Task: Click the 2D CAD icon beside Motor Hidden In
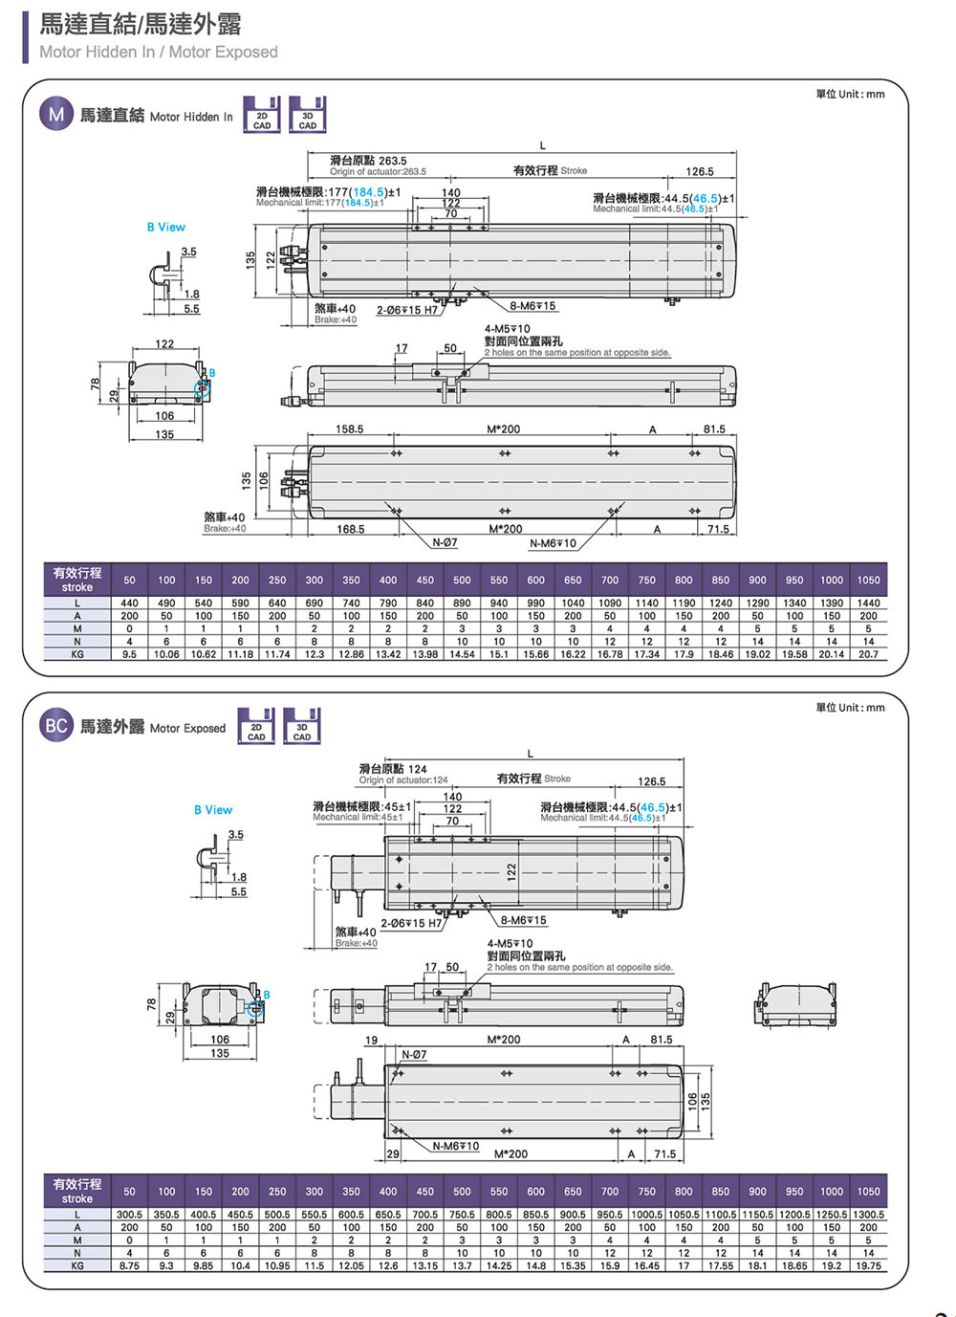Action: click(261, 114)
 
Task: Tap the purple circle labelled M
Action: click(56, 115)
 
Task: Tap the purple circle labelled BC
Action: click(56, 726)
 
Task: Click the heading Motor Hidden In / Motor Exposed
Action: click(159, 52)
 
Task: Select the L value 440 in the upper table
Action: click(129, 604)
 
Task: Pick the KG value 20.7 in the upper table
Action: click(868, 654)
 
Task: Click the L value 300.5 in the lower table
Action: click(129, 1215)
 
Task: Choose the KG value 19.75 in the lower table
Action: click(868, 1265)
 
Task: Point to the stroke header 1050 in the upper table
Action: click(868, 580)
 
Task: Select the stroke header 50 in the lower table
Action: click(129, 1192)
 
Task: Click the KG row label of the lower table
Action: click(77, 1265)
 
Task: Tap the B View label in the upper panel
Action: click(166, 227)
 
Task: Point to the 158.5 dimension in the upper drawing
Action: click(349, 429)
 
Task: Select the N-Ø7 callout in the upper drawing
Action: click(445, 542)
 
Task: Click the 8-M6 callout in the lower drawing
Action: click(524, 920)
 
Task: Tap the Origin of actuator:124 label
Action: click(402, 779)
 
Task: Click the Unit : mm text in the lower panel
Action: click(850, 708)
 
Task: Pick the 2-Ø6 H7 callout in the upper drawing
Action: click(406, 310)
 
